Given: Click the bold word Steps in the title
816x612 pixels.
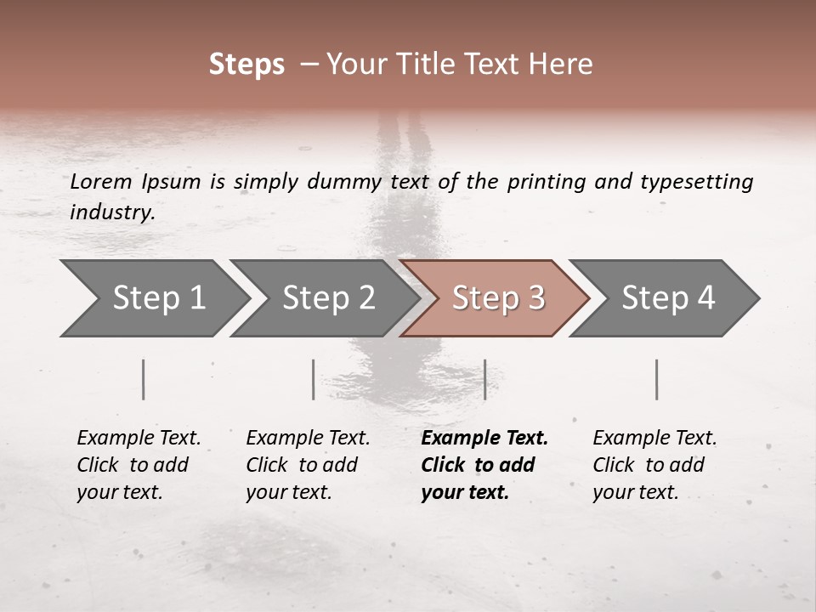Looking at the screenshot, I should [246, 65].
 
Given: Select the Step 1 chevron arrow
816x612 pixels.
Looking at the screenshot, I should [153, 298].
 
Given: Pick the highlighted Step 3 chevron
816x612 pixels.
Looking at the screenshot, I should [496, 298].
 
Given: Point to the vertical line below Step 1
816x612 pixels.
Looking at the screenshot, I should [144, 379].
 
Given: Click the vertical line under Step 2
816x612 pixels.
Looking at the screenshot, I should [314, 379].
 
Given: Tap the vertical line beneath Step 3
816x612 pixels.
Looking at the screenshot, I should [484, 379].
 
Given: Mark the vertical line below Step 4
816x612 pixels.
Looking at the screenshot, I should [656, 379].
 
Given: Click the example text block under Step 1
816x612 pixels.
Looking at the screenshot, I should [139, 465].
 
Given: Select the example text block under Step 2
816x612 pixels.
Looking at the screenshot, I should [308, 465].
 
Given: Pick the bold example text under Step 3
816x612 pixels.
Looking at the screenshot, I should [484, 465].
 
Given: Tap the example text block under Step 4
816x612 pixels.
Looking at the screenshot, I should [654, 465].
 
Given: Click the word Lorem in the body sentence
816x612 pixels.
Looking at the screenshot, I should [100, 182].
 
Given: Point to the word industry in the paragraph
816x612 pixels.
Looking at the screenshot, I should [111, 212].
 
